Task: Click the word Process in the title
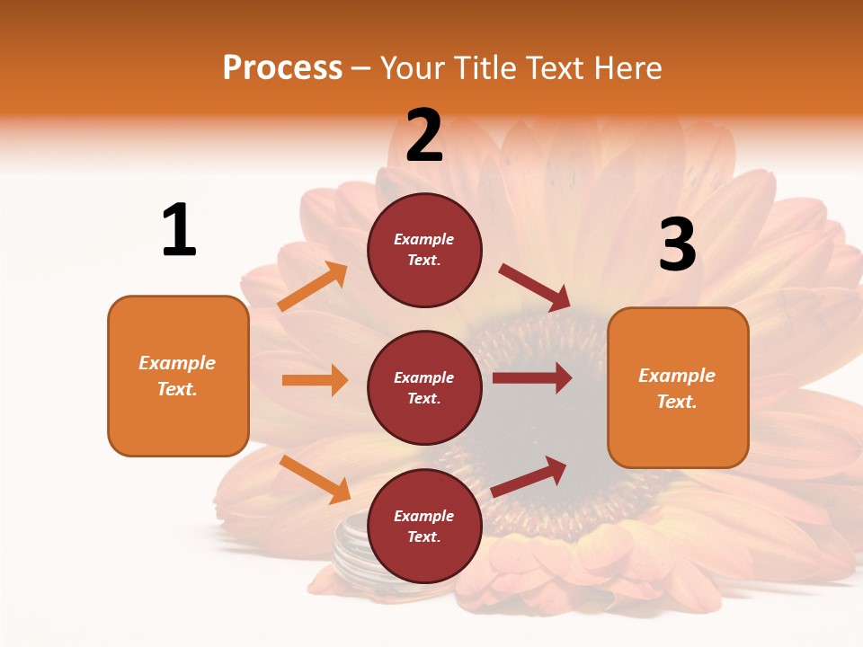tap(282, 68)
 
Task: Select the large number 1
tap(179, 230)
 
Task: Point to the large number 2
tap(424, 136)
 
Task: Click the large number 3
tap(677, 244)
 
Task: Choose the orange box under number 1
tap(178, 376)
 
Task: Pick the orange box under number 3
tap(678, 387)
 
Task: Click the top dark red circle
tap(424, 250)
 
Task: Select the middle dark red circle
tap(424, 387)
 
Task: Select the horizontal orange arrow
tap(315, 380)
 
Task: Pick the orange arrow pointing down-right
tap(315, 479)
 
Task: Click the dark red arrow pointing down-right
tap(535, 288)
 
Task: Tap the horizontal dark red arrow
tap(532, 378)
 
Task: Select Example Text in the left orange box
tap(177, 376)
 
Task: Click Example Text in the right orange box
tap(677, 387)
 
